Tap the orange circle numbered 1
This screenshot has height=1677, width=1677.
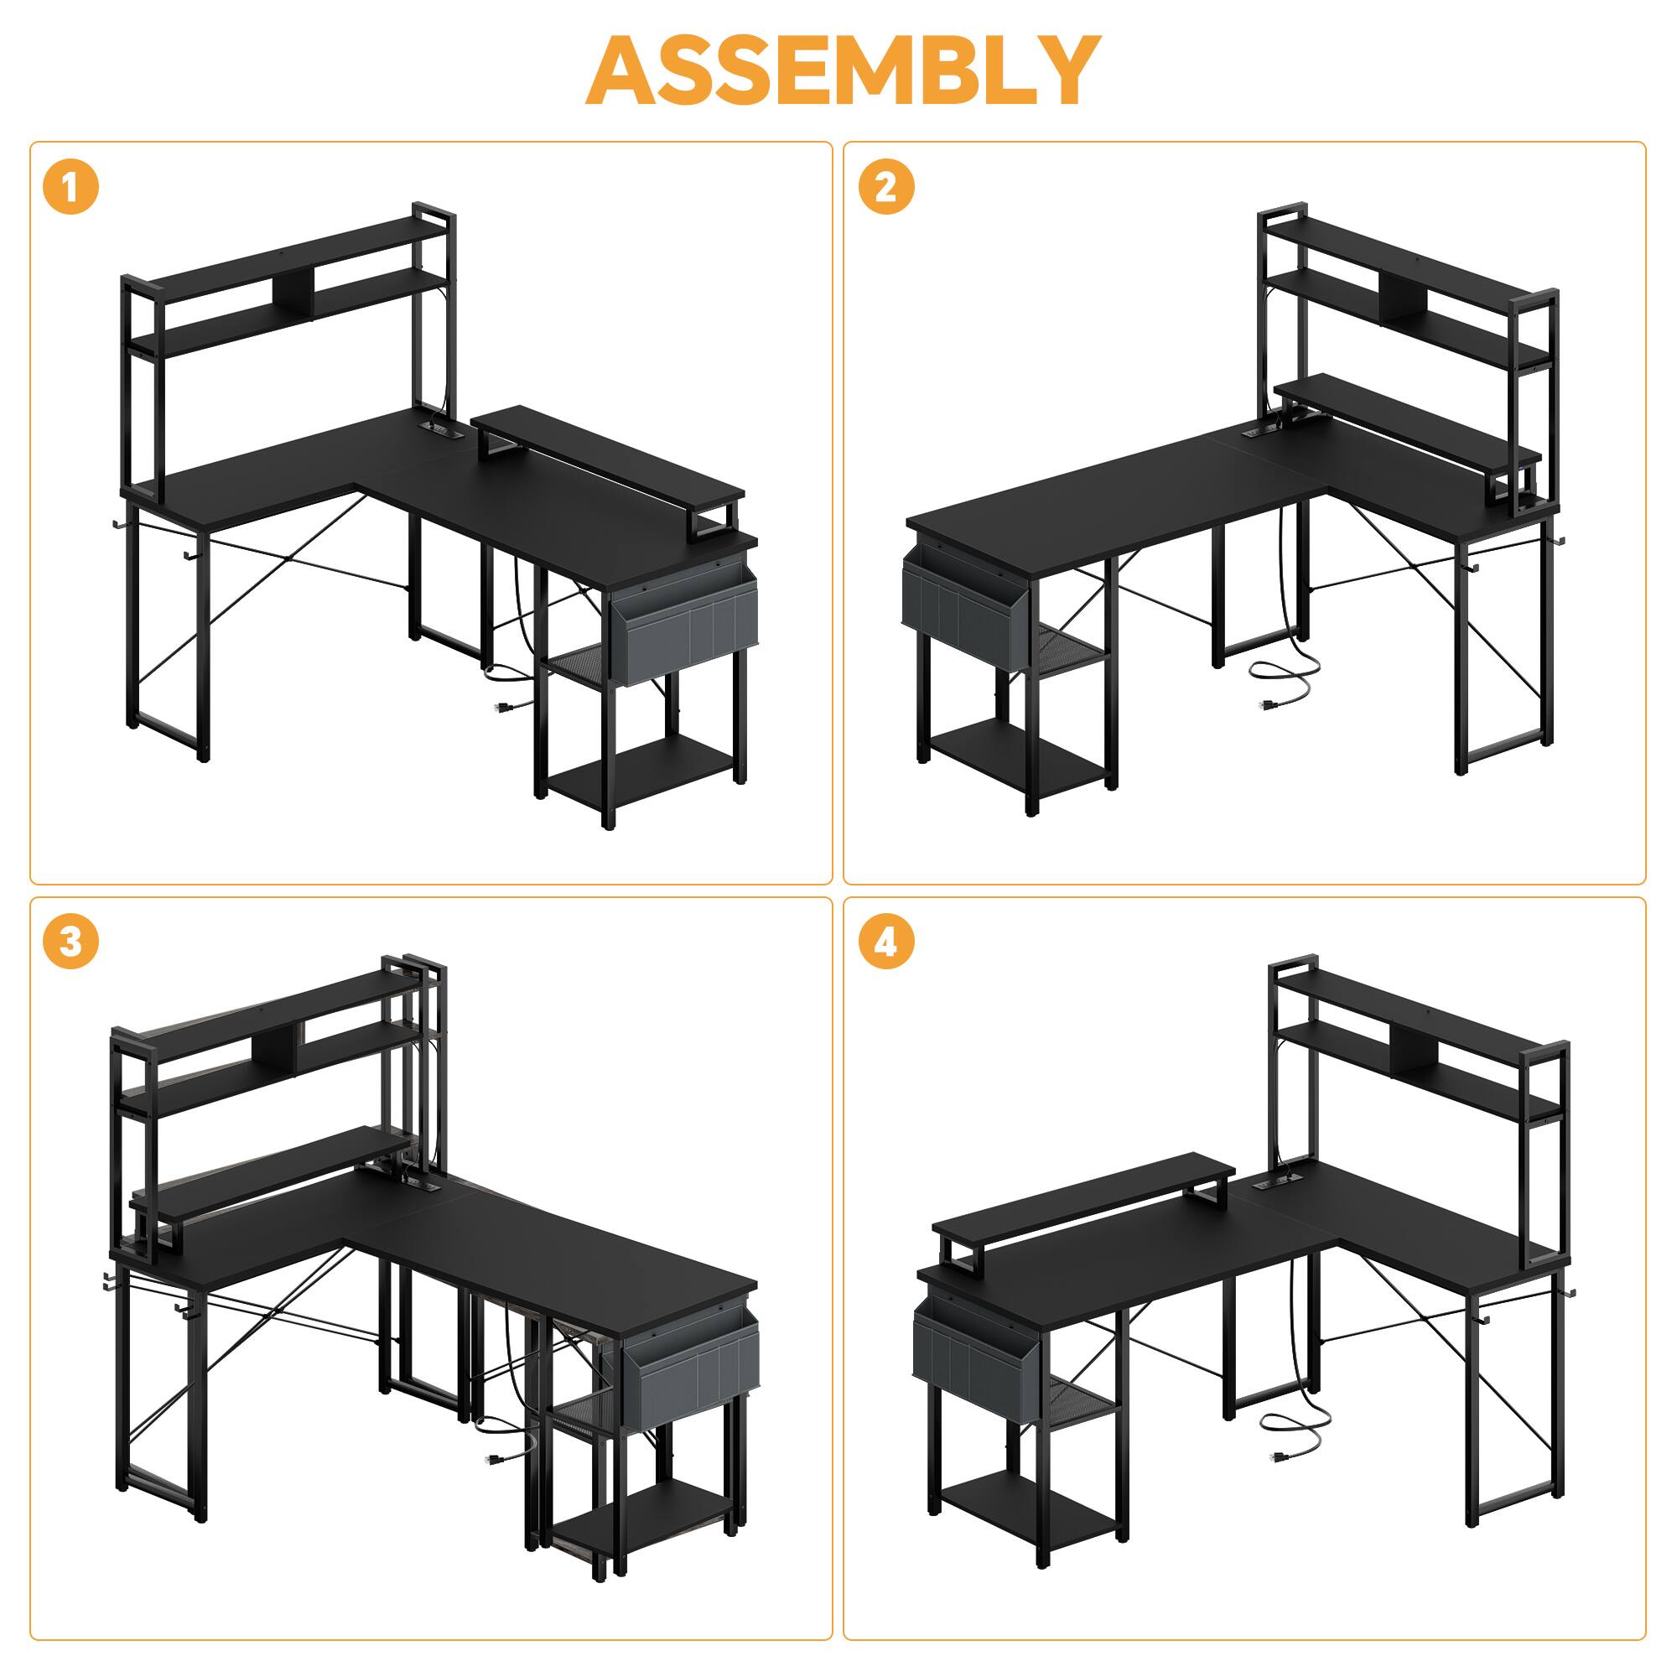coord(70,188)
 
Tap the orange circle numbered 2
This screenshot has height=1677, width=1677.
coord(885,188)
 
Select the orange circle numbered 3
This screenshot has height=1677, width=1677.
coord(70,942)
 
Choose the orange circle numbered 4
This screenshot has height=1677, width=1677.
coord(885,942)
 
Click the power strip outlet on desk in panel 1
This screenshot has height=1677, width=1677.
coord(439,428)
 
